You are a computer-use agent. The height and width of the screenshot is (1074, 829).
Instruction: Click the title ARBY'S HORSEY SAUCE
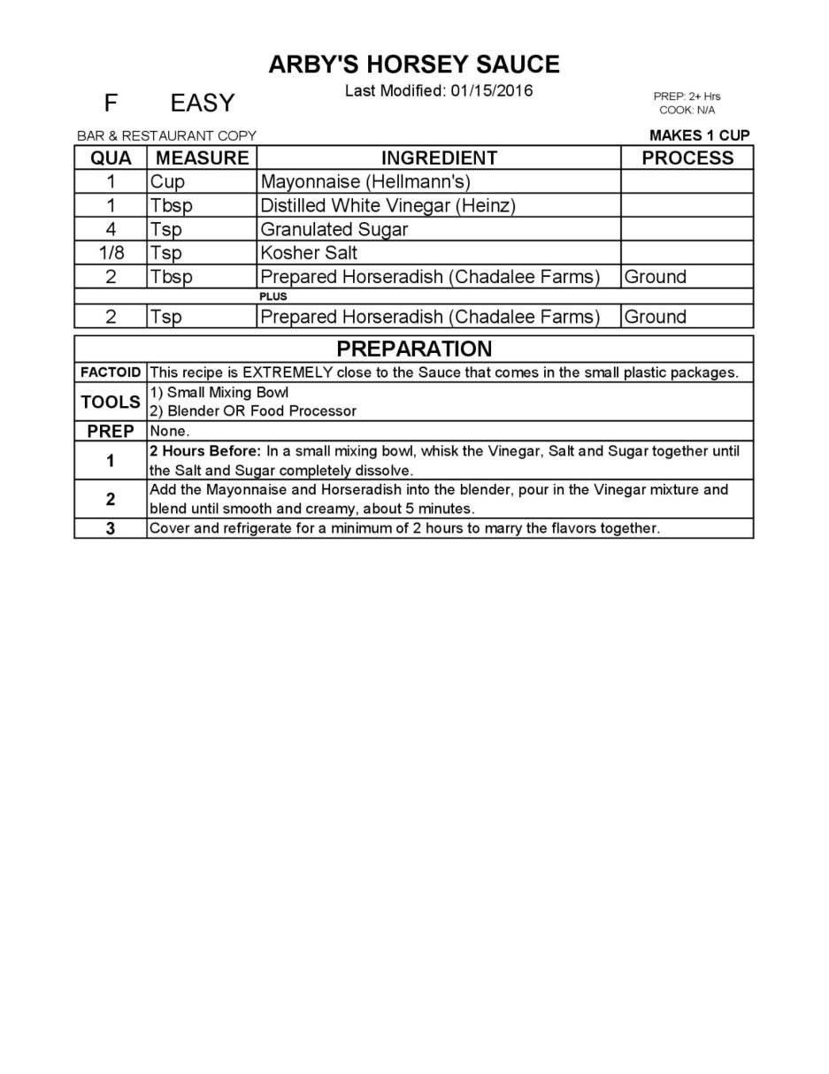pyautogui.click(x=414, y=65)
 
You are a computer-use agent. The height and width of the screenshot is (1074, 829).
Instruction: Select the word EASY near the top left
pyautogui.click(x=203, y=104)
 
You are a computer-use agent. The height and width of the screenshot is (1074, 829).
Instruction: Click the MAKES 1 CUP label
pyautogui.click(x=699, y=135)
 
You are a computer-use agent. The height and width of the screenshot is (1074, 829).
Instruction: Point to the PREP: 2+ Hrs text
pyautogui.click(x=687, y=96)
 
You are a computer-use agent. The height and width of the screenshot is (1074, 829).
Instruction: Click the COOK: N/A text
pyautogui.click(x=687, y=111)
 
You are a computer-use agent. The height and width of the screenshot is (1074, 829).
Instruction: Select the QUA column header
pyautogui.click(x=111, y=158)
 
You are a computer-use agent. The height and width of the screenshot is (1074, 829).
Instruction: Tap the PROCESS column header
pyautogui.click(x=687, y=158)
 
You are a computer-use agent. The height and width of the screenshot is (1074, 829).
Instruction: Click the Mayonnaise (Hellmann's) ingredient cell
pyautogui.click(x=365, y=182)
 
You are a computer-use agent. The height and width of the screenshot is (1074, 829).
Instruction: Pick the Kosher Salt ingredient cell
pyautogui.click(x=309, y=252)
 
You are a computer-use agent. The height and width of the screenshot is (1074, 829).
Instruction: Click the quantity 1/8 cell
pyautogui.click(x=111, y=252)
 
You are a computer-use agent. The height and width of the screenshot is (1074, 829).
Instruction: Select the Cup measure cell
pyautogui.click(x=167, y=182)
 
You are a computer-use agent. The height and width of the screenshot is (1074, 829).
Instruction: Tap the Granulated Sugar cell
pyautogui.click(x=334, y=229)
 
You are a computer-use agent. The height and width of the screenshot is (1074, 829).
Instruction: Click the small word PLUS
pyautogui.click(x=273, y=296)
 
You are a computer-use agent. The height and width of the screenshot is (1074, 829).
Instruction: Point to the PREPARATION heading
pyautogui.click(x=414, y=349)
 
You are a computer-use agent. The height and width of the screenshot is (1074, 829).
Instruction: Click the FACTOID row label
pyautogui.click(x=111, y=372)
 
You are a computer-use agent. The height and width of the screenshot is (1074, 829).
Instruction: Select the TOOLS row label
pyautogui.click(x=111, y=402)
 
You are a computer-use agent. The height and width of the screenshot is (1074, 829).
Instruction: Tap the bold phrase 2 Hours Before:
pyautogui.click(x=205, y=451)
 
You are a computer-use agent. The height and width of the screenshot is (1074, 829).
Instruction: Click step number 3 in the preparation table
pyautogui.click(x=111, y=529)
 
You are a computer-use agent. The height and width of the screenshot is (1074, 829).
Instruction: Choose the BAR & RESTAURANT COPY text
pyautogui.click(x=166, y=136)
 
